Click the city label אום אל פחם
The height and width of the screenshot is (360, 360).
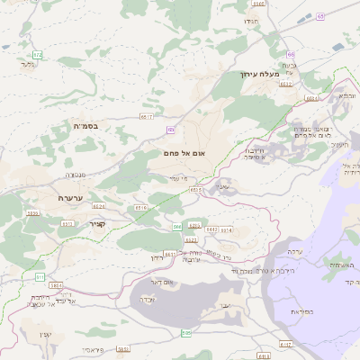[185, 154]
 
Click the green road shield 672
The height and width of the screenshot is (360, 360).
[37, 55]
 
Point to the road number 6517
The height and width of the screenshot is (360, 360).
[147, 116]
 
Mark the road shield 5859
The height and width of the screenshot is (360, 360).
[33, 213]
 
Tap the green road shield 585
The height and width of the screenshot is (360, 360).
[39, 276]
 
